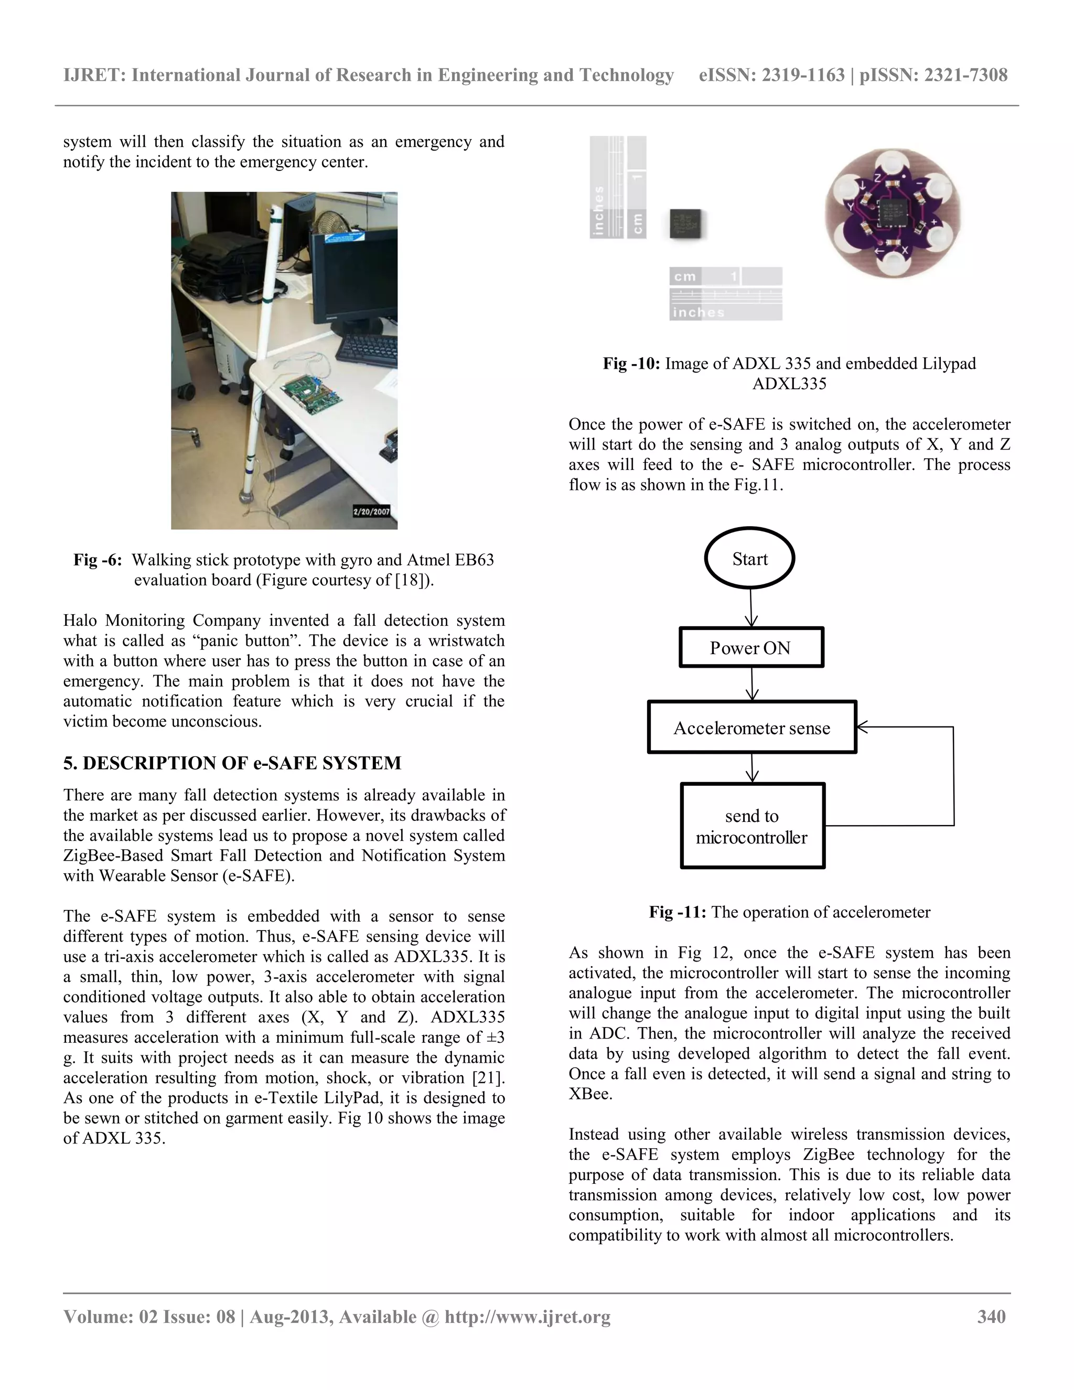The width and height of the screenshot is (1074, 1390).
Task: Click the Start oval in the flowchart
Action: [749, 558]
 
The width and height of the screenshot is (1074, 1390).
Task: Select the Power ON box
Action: [751, 647]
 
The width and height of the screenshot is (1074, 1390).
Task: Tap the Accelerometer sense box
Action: [751, 728]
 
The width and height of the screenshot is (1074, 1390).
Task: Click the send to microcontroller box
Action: [752, 826]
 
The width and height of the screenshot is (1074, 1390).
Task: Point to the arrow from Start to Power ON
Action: [751, 608]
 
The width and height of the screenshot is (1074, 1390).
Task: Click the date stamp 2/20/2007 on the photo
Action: [372, 511]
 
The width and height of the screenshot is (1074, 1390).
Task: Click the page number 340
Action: [991, 1317]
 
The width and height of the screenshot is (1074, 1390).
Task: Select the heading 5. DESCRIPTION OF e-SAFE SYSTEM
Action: [232, 763]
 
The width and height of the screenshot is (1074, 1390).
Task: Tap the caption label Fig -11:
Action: [677, 912]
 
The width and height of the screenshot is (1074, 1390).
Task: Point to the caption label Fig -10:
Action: [631, 363]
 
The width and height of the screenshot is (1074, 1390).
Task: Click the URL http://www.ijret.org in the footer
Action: [528, 1317]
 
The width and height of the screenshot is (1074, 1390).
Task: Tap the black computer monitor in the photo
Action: [353, 271]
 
